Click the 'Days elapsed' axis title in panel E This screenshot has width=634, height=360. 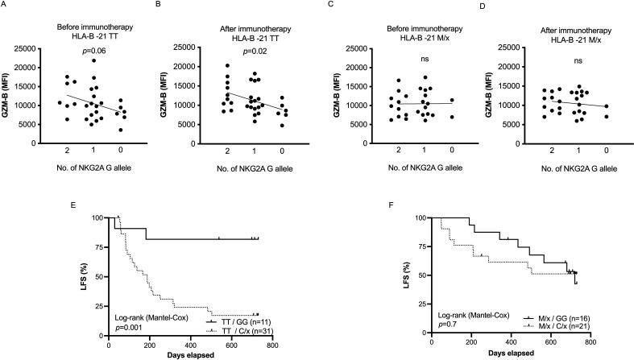tap(190, 353)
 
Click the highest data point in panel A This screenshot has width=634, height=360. tap(93, 61)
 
